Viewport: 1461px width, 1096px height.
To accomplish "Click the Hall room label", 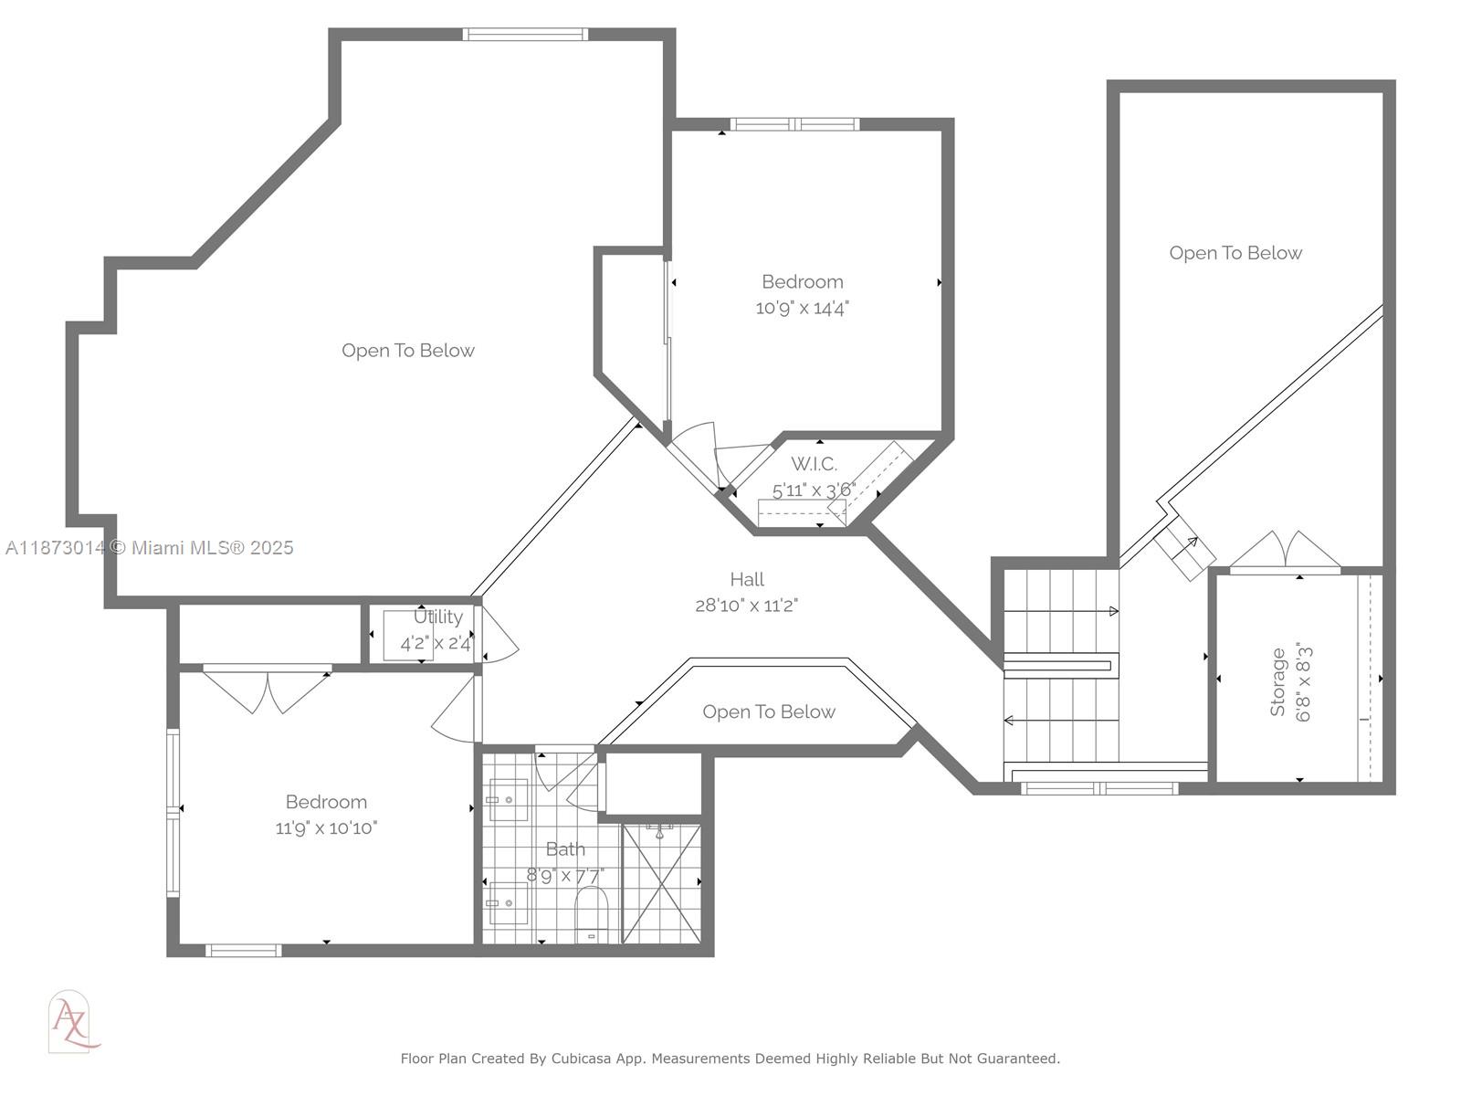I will [747, 579].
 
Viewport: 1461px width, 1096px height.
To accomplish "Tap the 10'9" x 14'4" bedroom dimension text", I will [802, 308].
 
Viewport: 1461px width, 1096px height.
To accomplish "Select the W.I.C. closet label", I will [814, 464].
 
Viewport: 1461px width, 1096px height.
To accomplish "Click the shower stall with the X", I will [661, 883].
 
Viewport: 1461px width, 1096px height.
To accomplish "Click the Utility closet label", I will [438, 616].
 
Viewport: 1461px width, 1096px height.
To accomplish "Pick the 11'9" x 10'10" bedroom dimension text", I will [326, 828].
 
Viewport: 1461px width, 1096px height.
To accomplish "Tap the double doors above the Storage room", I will [1285, 551].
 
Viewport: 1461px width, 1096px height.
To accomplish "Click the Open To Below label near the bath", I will [769, 712].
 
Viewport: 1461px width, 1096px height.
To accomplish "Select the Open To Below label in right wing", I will [1235, 253].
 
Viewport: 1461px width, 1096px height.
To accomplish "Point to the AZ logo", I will [71, 1021].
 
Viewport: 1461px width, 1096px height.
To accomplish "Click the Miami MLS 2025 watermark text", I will [212, 548].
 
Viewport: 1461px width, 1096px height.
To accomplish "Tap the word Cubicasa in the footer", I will [581, 1059].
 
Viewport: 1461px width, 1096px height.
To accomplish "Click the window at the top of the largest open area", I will [525, 35].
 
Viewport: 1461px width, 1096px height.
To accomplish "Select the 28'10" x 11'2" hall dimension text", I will [747, 606].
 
